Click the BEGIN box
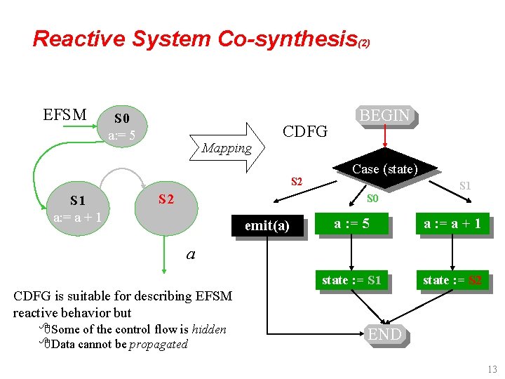[384, 116]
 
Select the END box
[384, 335]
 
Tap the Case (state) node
[384, 170]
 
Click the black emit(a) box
[267, 226]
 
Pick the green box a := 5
[351, 225]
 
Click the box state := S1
[351, 280]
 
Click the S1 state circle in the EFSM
[77, 208]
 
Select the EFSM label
[65, 114]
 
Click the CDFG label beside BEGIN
[304, 131]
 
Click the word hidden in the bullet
[208, 329]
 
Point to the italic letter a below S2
[190, 254]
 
